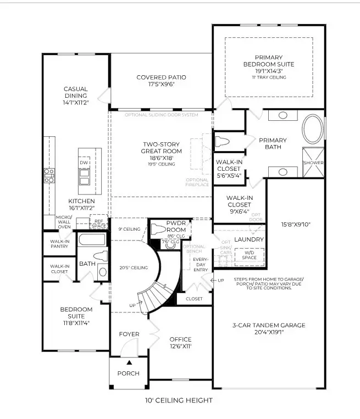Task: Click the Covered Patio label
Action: click(x=161, y=81)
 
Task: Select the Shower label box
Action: click(x=313, y=163)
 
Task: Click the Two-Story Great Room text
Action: click(x=161, y=152)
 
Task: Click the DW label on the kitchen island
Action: click(x=85, y=163)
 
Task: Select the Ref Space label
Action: click(x=99, y=222)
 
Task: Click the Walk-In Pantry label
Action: click(x=59, y=243)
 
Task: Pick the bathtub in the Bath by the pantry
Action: click(x=92, y=239)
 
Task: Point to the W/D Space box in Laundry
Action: click(x=249, y=255)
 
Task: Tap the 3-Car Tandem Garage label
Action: click(x=268, y=328)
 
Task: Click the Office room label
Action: click(x=180, y=342)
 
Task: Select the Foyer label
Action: click(x=129, y=334)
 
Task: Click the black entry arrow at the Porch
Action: click(x=129, y=363)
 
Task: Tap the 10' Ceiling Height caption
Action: click(x=180, y=400)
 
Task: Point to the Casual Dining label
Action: click(x=76, y=95)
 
